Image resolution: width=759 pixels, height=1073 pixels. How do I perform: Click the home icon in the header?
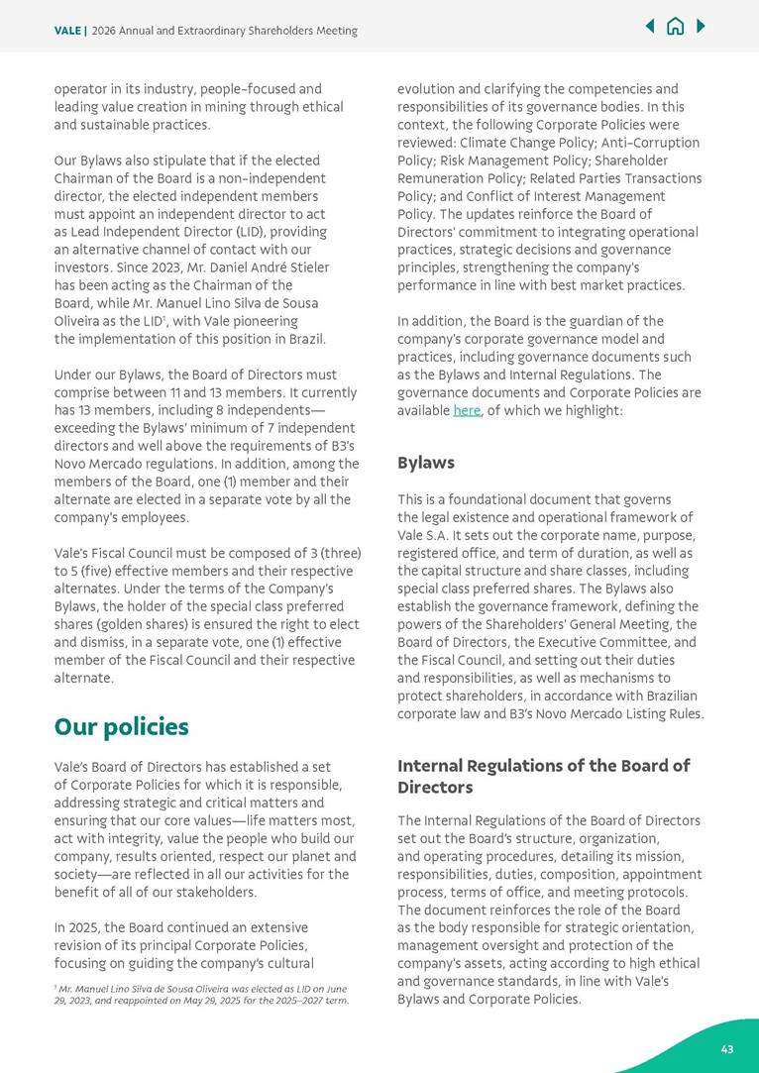(x=675, y=27)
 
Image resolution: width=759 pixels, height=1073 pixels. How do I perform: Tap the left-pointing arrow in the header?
(x=650, y=27)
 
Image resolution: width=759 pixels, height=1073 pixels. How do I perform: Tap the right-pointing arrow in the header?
(x=701, y=27)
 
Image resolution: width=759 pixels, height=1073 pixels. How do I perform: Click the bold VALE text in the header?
(x=67, y=31)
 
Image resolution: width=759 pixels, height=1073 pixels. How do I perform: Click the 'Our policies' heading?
(x=121, y=727)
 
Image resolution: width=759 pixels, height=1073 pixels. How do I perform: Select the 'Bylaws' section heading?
(x=426, y=463)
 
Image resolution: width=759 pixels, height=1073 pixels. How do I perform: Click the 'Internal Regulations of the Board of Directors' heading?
(x=543, y=776)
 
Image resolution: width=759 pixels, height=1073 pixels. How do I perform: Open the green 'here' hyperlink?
(x=466, y=410)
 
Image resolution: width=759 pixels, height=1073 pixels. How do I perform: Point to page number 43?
(x=726, y=1049)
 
